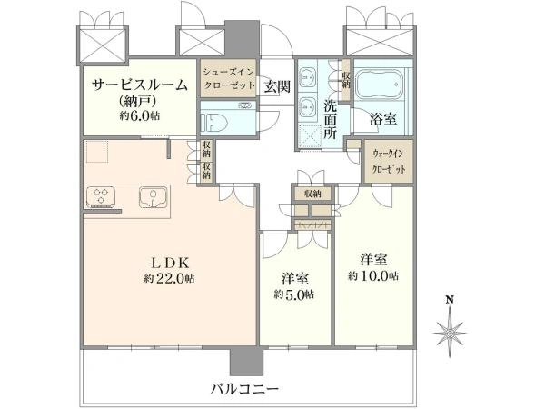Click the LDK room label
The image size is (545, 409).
[x=172, y=263]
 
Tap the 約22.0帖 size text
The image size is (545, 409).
[x=170, y=279]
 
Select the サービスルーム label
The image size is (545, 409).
[x=140, y=85]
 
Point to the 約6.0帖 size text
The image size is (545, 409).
[x=140, y=115]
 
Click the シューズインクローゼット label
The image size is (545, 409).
[x=229, y=78]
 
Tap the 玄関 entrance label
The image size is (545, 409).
[x=277, y=86]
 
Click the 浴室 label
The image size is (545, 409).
[x=383, y=119]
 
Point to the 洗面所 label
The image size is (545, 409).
[x=330, y=120]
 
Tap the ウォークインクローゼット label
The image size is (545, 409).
[x=389, y=162]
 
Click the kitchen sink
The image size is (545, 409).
[x=154, y=197]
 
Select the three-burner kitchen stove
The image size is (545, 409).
[x=101, y=195]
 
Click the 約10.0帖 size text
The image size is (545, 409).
[x=373, y=275]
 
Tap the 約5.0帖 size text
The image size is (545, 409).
[x=294, y=294]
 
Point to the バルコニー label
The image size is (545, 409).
[x=245, y=388]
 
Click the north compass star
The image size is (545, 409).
[x=450, y=333]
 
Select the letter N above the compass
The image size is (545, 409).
[x=450, y=299]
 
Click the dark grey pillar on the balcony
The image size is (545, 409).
[x=246, y=361]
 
